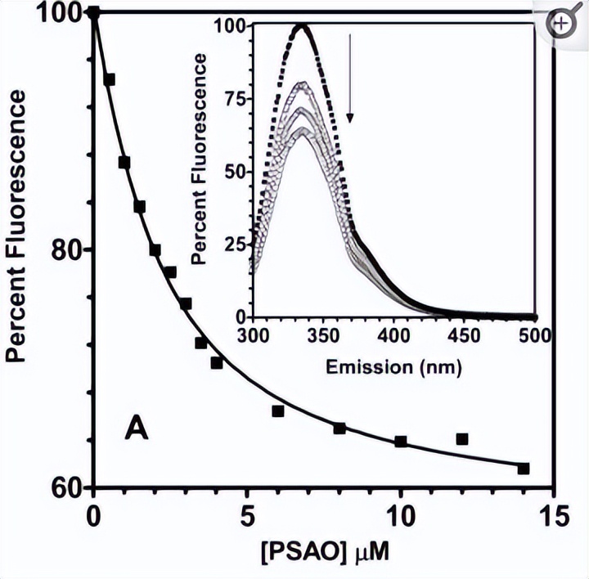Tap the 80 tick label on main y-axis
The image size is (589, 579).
pyautogui.click(x=64, y=250)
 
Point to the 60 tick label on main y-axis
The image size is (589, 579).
pyautogui.click(x=64, y=488)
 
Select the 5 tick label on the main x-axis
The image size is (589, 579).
pyautogui.click(x=247, y=518)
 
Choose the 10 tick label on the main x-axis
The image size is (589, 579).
pyautogui.click(x=400, y=518)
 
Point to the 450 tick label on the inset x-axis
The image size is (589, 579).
pyautogui.click(x=465, y=335)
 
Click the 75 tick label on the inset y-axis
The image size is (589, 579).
pyautogui.click(x=235, y=98)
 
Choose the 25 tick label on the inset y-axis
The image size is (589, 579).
pyautogui.click(x=235, y=245)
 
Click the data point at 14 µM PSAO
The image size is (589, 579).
pyautogui.click(x=524, y=469)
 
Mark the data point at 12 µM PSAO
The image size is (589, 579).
pyautogui.click(x=462, y=439)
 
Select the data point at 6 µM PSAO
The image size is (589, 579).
pyautogui.click(x=278, y=411)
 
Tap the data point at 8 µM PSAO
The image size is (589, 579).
pyautogui.click(x=339, y=429)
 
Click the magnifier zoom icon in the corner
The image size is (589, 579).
pyautogui.click(x=563, y=24)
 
